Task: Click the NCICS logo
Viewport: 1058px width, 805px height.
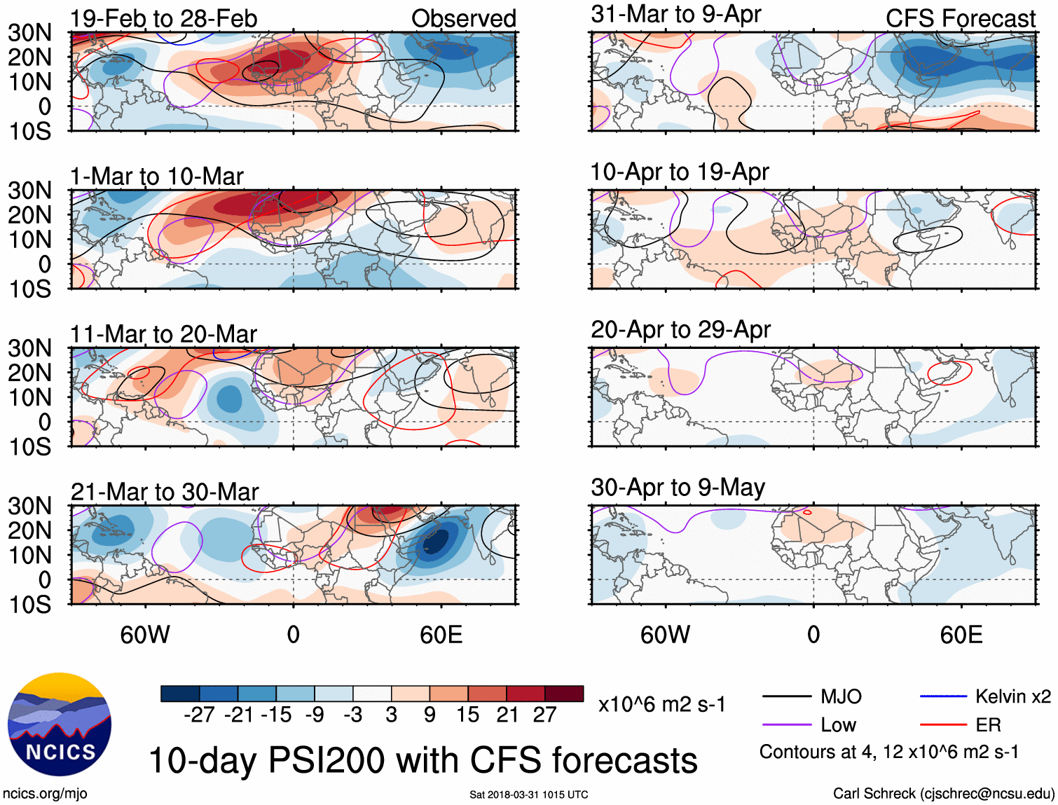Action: tap(59, 724)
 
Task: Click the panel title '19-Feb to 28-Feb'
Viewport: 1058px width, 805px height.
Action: tap(163, 18)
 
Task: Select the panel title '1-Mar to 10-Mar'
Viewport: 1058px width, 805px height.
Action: tap(156, 176)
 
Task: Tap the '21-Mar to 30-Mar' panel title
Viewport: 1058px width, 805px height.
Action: tap(164, 491)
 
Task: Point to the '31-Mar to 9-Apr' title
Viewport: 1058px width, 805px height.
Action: tap(675, 14)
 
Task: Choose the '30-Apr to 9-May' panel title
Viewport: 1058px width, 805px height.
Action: tap(678, 487)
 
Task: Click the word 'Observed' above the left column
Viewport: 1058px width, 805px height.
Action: tap(463, 18)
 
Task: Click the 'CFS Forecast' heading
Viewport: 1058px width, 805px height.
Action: tap(960, 18)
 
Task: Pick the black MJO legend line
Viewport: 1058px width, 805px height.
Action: tap(786, 696)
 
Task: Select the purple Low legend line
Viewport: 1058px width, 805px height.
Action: tap(786, 725)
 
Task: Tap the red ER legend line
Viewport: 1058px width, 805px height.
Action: tap(943, 725)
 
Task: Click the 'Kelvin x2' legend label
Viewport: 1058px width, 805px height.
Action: tap(1012, 696)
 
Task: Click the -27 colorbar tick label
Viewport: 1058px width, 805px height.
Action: tap(199, 715)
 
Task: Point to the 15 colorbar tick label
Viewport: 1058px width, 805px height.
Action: tap(468, 715)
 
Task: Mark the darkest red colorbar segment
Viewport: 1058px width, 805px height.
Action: tap(564, 694)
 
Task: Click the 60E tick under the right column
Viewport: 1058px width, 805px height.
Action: tap(961, 635)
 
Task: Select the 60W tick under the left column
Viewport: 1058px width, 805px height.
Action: tap(145, 635)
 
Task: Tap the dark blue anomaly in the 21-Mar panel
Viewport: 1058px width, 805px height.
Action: tap(434, 543)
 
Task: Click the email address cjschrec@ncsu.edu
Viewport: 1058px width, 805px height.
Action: tap(987, 793)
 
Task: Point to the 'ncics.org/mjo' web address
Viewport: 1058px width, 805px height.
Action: tap(45, 793)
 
